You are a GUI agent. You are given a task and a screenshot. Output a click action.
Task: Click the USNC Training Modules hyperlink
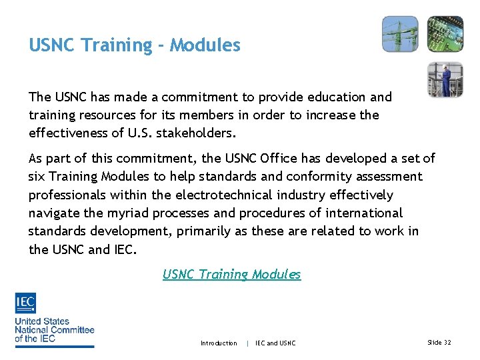[x=231, y=274]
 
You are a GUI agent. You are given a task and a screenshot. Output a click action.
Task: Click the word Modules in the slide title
[x=205, y=45]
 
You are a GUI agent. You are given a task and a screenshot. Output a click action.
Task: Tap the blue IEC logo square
[x=25, y=303]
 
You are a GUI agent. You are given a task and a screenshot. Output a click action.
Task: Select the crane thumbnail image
[x=400, y=34]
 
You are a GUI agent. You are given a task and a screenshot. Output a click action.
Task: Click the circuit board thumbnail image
[x=445, y=34]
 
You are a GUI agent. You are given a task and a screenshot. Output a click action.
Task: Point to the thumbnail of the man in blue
[x=445, y=79]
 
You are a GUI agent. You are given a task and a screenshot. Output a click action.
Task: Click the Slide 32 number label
[x=438, y=342]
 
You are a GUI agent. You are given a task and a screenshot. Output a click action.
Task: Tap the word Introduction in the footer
[x=219, y=343]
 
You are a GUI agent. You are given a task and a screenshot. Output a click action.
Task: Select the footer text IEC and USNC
[x=275, y=343]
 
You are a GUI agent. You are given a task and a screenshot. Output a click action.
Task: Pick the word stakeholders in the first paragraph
[x=195, y=133]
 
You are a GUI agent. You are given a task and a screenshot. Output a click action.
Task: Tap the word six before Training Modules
[x=37, y=177]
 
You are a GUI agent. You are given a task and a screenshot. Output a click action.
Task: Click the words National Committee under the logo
[x=55, y=329]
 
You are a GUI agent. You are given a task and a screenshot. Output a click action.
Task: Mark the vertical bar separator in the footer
[x=248, y=343]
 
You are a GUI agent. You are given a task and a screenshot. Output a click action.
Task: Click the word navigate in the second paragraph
[x=53, y=213]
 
